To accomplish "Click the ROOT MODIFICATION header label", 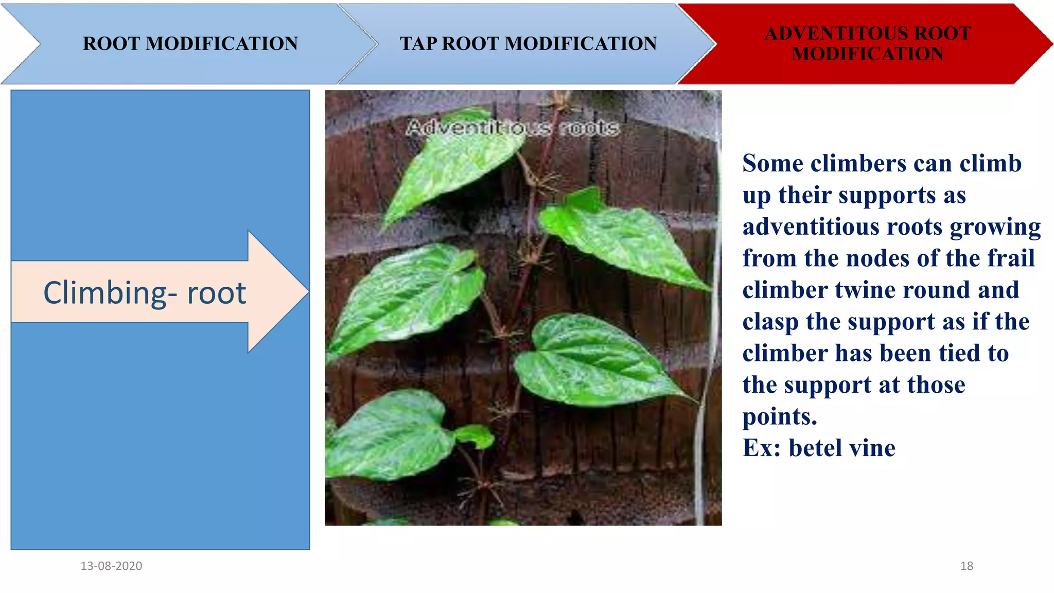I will point(190,44).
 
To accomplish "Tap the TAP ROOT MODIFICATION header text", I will point(529,44).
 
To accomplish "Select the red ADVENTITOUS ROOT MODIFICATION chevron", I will point(868,44).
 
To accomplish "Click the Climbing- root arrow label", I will point(145,293).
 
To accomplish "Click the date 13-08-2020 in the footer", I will point(111,566).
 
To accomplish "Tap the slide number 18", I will point(967,566).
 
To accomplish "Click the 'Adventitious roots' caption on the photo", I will point(512,128).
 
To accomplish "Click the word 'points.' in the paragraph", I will point(780,416).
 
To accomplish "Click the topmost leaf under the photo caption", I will point(453,165).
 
